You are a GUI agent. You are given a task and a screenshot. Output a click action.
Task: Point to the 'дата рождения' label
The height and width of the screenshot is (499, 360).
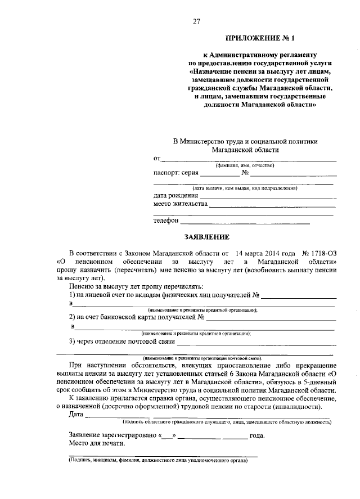click(176, 195)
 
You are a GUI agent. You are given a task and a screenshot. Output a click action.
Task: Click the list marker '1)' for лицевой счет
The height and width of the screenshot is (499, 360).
click(72, 295)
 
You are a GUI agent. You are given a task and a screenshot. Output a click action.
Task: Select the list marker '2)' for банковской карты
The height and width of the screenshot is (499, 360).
click(72, 318)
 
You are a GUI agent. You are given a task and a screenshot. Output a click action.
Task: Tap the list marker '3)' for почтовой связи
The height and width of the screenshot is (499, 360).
click(72, 341)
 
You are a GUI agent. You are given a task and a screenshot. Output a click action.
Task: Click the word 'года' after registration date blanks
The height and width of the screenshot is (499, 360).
click(256, 435)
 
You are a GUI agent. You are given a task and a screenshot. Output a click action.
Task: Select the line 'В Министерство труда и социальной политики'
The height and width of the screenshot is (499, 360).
click(245, 142)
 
